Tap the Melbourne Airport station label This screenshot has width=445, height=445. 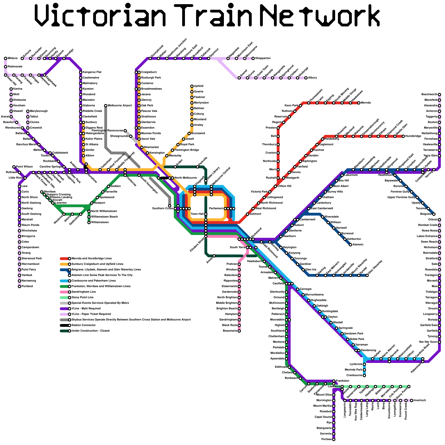(x=120, y=106)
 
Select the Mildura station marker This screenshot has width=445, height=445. (x=6, y=58)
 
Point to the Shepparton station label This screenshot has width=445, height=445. (x=263, y=58)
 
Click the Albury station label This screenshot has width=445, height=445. (x=312, y=78)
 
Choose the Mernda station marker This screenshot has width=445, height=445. (x=359, y=103)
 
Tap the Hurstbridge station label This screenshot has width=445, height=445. (x=413, y=136)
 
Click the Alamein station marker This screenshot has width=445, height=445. (x=350, y=245)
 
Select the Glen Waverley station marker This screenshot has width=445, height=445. (x=367, y=275)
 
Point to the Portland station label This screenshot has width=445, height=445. (x=27, y=286)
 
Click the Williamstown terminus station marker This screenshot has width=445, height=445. (x=89, y=222)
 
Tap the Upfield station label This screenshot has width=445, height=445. (x=199, y=86)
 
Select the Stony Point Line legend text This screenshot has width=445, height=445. (x=82, y=298)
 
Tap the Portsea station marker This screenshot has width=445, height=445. (x=334, y=439)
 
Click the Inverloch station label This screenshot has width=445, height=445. (x=420, y=400)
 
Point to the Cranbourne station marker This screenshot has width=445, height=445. (x=364, y=375)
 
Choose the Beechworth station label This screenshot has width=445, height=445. (x=429, y=95)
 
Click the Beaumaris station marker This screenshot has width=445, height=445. (x=239, y=331)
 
